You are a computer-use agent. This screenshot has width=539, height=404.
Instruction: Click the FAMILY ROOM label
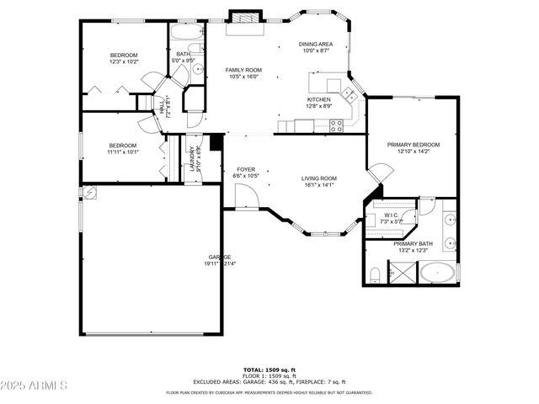click(x=243, y=70)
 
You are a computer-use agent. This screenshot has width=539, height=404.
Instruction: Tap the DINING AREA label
click(x=316, y=44)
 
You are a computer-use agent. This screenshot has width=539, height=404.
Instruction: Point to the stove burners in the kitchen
click(x=336, y=125)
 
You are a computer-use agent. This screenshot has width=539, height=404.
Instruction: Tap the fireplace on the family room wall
click(x=246, y=17)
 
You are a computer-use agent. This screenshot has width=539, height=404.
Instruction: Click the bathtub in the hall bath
click(x=187, y=34)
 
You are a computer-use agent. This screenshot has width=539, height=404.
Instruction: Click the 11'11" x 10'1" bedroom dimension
click(x=122, y=152)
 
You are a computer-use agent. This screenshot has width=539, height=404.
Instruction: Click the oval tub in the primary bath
click(x=438, y=274)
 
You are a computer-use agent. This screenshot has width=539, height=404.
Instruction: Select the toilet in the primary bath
click(x=375, y=273)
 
